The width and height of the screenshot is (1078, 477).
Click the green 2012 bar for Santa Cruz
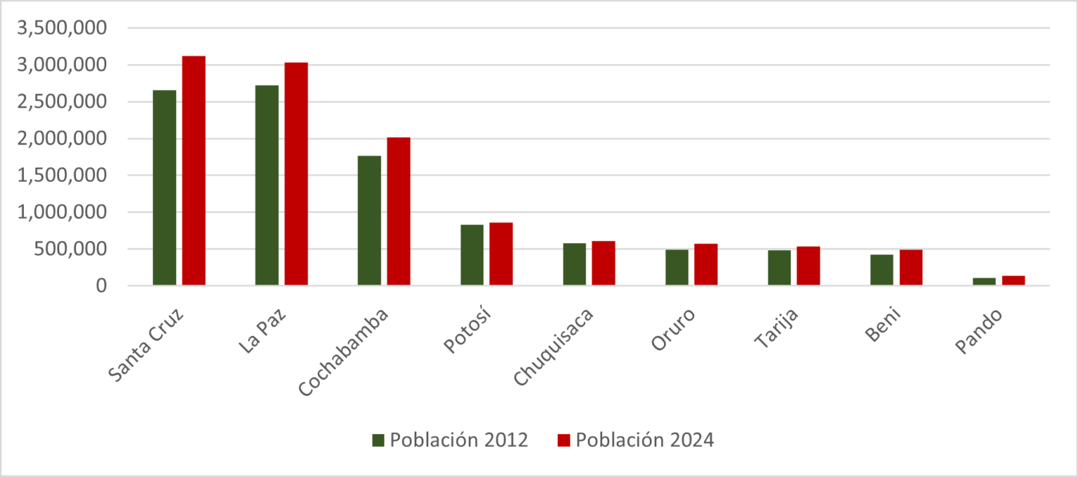[164, 188]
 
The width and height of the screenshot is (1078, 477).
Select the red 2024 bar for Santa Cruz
[194, 171]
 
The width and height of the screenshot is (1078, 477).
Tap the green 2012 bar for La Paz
[267, 185]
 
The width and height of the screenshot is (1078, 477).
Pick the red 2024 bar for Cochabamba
[399, 211]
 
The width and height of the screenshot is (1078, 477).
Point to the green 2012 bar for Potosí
[472, 255]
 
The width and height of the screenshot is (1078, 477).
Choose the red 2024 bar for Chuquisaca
[604, 263]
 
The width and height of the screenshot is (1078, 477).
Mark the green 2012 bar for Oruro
[677, 268]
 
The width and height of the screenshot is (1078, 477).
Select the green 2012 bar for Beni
[881, 270]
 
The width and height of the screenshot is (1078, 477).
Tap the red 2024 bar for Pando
[1013, 280]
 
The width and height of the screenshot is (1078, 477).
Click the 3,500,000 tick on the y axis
[62, 28]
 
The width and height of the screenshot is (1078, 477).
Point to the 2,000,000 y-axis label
[62, 138]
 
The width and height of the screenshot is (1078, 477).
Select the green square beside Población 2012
[378, 440]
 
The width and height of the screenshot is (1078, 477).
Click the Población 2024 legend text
[644, 440]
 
